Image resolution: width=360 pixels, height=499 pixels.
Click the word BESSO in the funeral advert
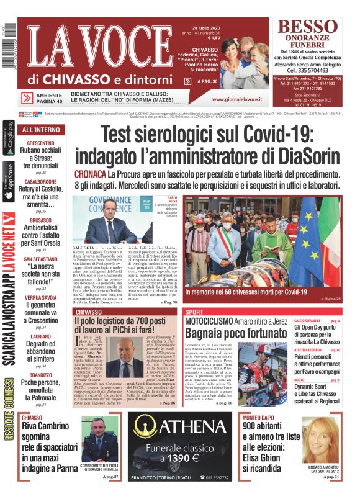pyautogui.click(x=311, y=27)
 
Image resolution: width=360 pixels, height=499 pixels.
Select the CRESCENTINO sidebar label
pyautogui.click(x=40, y=143)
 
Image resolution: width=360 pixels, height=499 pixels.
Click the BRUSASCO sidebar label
pyautogui.click(x=40, y=220)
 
